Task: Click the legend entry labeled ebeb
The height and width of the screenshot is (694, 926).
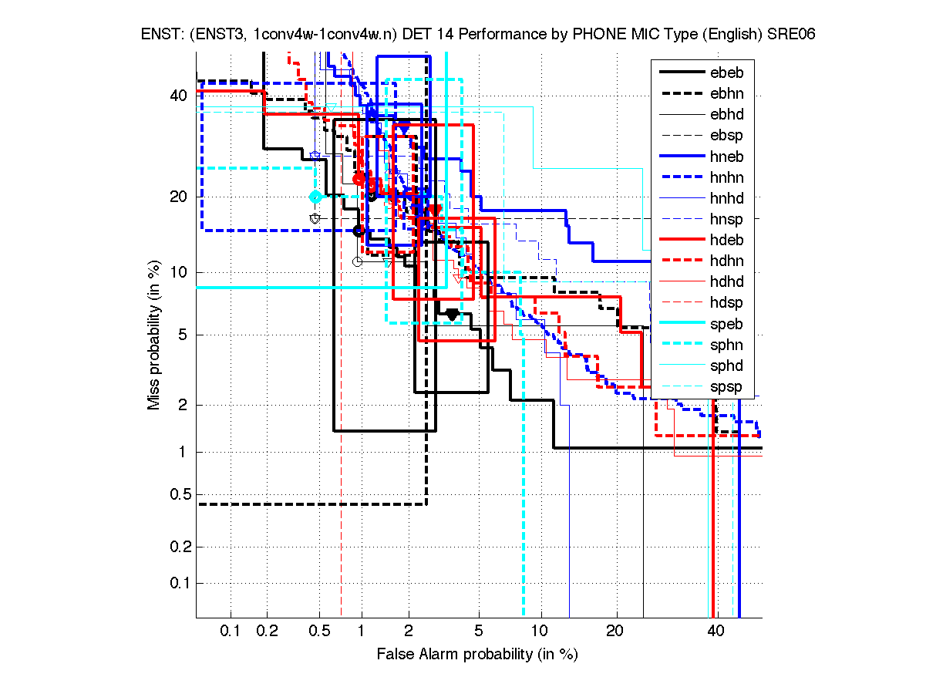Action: tap(726, 73)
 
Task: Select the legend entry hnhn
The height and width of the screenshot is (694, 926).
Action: tap(726, 177)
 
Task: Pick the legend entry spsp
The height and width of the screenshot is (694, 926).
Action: tap(726, 386)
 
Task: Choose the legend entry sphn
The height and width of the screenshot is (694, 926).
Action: tap(726, 345)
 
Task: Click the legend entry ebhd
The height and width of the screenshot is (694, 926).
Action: tap(726, 115)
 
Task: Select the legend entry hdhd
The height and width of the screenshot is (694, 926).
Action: tap(726, 281)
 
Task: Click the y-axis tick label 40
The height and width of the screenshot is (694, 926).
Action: tap(178, 96)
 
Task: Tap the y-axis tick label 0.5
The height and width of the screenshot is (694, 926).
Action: tap(175, 494)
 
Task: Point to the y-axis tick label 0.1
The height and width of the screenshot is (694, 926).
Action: tap(175, 582)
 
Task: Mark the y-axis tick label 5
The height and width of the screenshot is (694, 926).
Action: tap(182, 335)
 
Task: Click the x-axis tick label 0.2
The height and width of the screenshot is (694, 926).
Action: tap(268, 632)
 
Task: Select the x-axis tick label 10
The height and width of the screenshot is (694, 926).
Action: tap(541, 632)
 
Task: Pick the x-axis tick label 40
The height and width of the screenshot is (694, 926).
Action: tap(716, 632)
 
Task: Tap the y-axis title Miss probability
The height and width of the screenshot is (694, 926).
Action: tap(155, 335)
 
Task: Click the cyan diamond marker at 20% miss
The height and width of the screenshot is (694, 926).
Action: tap(315, 197)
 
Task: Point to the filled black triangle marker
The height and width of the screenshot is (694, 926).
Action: tap(452, 314)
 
